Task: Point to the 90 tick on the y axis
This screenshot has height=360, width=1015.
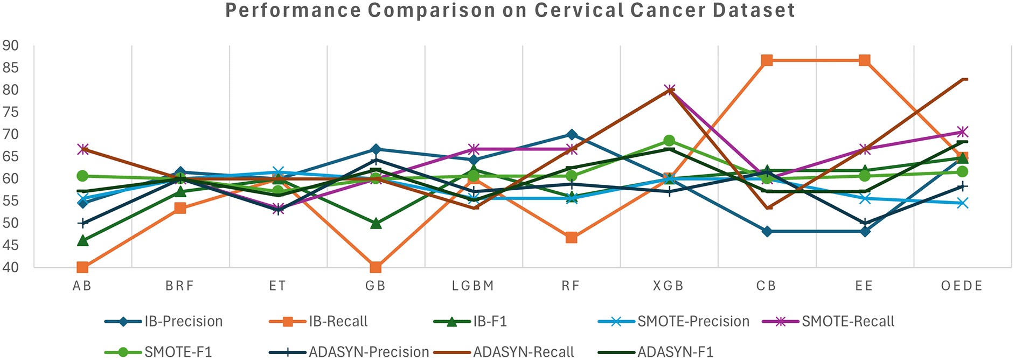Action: pyautogui.click(x=11, y=46)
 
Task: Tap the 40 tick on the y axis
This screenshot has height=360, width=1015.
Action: pyautogui.click(x=11, y=267)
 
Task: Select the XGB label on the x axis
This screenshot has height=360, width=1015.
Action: pyautogui.click(x=669, y=286)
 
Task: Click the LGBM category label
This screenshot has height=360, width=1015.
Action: pyautogui.click(x=473, y=286)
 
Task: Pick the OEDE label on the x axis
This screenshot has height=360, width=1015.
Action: pyautogui.click(x=962, y=286)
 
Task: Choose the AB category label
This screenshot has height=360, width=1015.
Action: pyautogui.click(x=82, y=286)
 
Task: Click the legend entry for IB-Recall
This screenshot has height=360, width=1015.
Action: pyautogui.click(x=338, y=322)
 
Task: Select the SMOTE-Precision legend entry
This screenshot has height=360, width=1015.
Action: pyautogui.click(x=693, y=322)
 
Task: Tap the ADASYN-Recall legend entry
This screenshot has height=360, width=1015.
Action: pyautogui.click(x=523, y=352)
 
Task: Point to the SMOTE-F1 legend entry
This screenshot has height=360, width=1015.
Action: pyautogui.click(x=178, y=352)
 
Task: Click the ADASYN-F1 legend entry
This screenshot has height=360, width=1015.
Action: pyautogui.click(x=675, y=352)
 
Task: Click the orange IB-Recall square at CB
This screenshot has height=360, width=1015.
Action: pyautogui.click(x=767, y=60)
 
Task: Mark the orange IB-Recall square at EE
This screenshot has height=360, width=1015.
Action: pyautogui.click(x=864, y=60)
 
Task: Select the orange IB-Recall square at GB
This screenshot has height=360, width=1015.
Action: pyautogui.click(x=376, y=267)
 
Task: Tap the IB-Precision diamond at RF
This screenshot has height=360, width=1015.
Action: pyautogui.click(x=571, y=135)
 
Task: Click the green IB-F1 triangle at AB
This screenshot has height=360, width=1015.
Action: pyautogui.click(x=82, y=240)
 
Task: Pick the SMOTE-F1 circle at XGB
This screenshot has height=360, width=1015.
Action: pyautogui.click(x=669, y=141)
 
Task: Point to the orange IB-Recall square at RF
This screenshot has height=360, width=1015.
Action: pyautogui.click(x=571, y=238)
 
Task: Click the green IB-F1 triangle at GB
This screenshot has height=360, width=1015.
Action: pyautogui.click(x=376, y=223)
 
